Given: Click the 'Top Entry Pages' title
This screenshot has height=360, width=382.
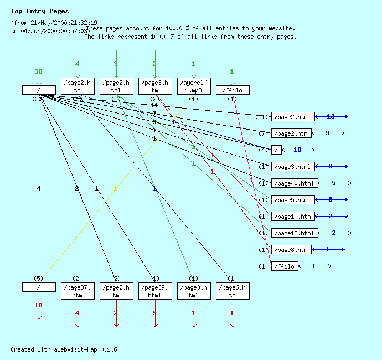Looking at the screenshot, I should (x=40, y=11).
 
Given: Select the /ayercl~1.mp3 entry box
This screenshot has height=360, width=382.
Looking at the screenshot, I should (x=194, y=86).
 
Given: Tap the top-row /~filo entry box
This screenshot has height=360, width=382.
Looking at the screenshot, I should (x=233, y=90).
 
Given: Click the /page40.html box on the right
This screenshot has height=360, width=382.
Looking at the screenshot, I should (x=295, y=183).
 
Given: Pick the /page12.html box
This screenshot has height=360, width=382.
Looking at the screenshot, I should (x=295, y=233).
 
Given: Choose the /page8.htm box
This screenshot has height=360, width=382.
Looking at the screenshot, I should (x=291, y=250).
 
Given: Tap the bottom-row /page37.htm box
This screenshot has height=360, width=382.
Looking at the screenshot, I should (x=78, y=291).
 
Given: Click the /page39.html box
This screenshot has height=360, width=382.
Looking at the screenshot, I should (x=155, y=291).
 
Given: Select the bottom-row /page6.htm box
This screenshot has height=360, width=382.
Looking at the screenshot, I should (x=233, y=291).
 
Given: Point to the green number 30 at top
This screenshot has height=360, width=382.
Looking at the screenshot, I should (x=38, y=72).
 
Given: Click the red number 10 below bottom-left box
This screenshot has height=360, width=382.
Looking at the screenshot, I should (x=38, y=305).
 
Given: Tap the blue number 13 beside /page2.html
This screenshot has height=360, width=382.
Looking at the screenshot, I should (x=331, y=117).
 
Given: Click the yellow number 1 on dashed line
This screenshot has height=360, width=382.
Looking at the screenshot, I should (x=115, y=188).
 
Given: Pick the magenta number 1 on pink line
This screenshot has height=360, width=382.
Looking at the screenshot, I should (x=251, y=181).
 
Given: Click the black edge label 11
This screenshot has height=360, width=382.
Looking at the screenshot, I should (x=154, y=105).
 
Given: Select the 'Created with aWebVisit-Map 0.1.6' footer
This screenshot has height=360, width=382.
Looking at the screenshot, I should (x=64, y=350).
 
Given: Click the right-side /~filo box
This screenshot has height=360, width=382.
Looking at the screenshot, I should (x=285, y=266).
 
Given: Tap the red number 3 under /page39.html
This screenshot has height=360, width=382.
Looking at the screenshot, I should (x=154, y=313).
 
